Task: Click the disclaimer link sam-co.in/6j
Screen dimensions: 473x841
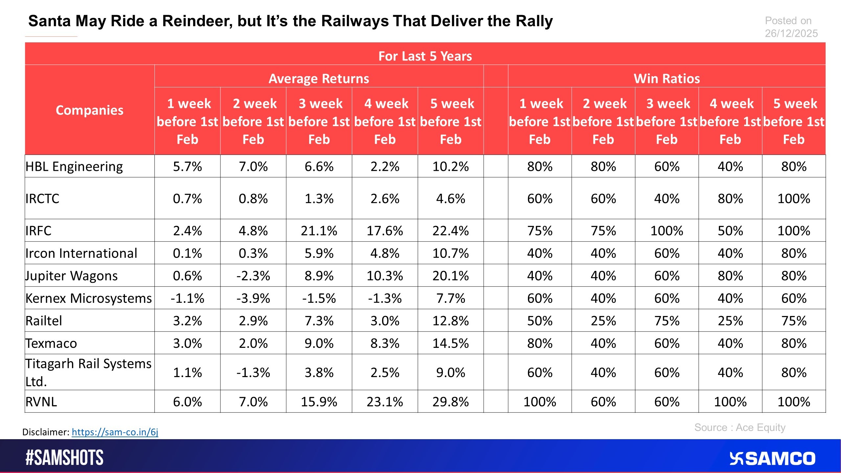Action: [115, 432]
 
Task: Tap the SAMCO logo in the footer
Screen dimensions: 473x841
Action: [772, 459]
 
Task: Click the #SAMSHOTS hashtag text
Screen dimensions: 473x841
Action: [64, 458]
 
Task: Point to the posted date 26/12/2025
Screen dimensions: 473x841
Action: [791, 34]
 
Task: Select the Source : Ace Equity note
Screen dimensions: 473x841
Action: [740, 427]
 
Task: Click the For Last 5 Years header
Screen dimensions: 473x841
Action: [425, 56]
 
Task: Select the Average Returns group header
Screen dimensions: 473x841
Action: [319, 79]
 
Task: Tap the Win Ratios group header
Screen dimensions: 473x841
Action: [667, 79]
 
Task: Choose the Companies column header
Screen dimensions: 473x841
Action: [89, 110]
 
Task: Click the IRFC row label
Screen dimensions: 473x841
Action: [38, 231]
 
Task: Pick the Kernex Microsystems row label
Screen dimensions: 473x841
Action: [89, 298]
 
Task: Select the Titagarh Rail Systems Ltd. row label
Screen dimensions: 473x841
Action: [88, 372]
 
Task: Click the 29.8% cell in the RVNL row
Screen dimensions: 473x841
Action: [450, 402]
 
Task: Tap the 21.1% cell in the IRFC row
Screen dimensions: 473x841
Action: [319, 231]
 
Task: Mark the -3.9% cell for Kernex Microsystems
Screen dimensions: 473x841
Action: [253, 298]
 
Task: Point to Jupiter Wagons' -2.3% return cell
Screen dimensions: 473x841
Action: [253, 276]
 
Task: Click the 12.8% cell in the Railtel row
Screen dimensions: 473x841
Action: [450, 321]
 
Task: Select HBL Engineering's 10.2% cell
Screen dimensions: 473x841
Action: [450, 167]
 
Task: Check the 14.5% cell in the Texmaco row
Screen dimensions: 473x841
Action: [450, 343]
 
